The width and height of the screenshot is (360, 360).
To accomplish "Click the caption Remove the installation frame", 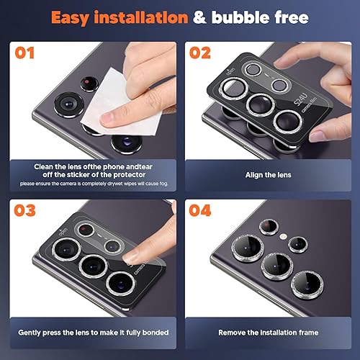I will (x=269, y=333).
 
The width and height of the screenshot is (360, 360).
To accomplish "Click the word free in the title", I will (x=283, y=17).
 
